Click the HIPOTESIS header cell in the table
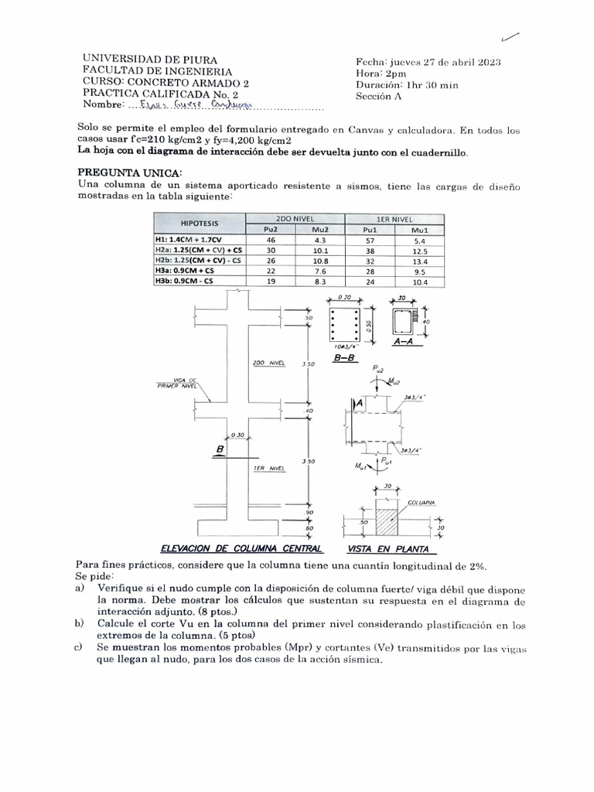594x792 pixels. (x=198, y=224)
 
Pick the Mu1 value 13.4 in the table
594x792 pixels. (x=419, y=262)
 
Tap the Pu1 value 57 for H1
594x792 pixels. (x=368, y=241)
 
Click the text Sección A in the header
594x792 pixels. (x=384, y=97)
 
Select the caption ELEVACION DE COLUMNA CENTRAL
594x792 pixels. (x=241, y=548)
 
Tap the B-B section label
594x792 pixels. (x=343, y=359)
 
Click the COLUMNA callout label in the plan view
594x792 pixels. (x=422, y=503)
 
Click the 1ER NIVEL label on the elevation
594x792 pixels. (x=269, y=468)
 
